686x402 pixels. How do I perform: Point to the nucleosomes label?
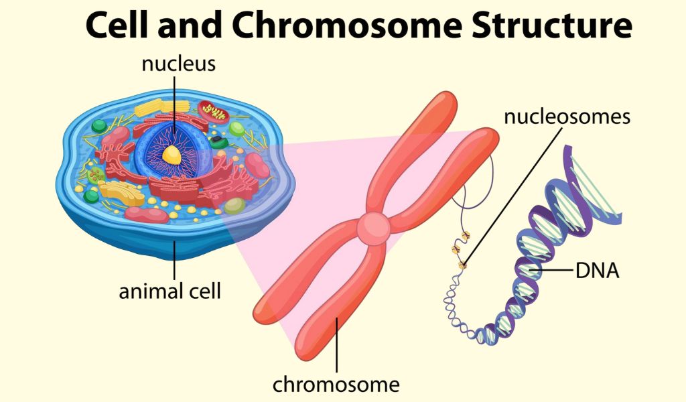pyautogui.click(x=567, y=117)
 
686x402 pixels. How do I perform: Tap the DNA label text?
pyautogui.click(x=597, y=271)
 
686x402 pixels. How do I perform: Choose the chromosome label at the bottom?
pyautogui.click(x=336, y=385)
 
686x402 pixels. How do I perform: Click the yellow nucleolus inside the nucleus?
pyautogui.click(x=173, y=155)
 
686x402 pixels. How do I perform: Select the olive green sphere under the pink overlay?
pyautogui.click(x=234, y=206)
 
